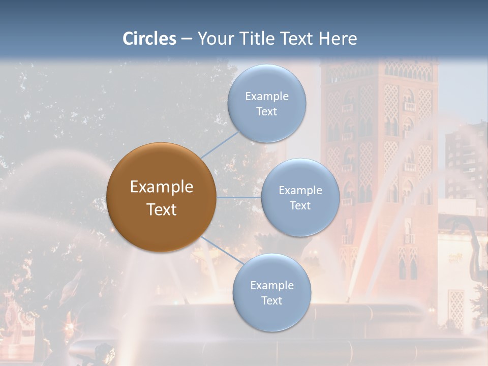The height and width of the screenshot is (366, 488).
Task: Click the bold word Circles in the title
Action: click(149, 39)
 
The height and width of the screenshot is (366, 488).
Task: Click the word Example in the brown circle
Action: click(162, 187)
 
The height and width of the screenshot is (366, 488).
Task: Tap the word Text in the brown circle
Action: click(162, 209)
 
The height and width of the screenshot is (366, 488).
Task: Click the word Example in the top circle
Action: click(267, 96)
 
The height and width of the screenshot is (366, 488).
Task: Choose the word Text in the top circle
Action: click(267, 111)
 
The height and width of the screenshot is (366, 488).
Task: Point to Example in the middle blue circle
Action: click(300, 190)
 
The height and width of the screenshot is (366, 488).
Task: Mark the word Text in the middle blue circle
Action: click(300, 205)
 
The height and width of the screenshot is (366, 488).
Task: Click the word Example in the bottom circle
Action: click(272, 285)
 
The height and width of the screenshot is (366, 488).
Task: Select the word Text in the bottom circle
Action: click(272, 300)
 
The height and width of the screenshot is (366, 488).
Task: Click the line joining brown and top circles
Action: click(220, 144)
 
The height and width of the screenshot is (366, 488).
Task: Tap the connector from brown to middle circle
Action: click(239, 197)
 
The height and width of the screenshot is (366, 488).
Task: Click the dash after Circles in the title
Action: click(186, 39)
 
